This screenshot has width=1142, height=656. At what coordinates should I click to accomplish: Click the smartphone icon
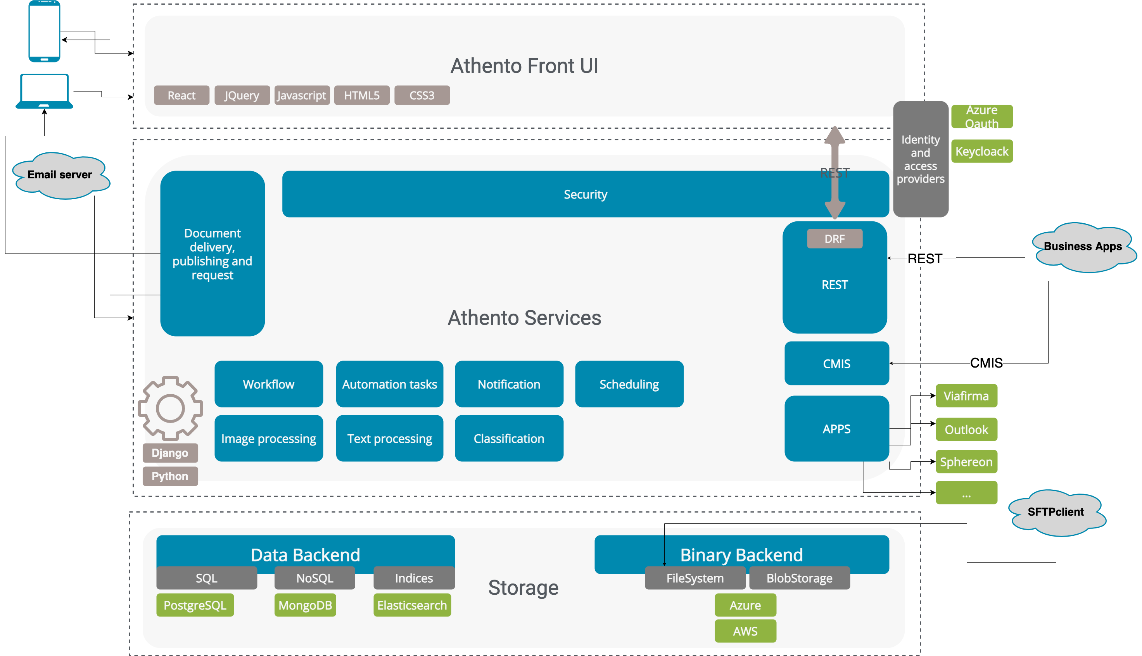tap(44, 31)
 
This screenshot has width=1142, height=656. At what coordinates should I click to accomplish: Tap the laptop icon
tap(44, 91)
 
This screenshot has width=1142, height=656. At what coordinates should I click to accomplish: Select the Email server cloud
tap(60, 175)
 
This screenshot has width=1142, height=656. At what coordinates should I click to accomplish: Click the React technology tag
tap(181, 95)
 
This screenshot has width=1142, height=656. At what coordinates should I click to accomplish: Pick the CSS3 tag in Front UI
tap(422, 95)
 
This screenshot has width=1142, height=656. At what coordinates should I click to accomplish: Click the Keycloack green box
tap(981, 151)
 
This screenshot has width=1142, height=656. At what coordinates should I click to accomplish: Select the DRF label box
tap(834, 239)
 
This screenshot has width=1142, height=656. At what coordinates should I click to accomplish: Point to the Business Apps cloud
tap(1083, 247)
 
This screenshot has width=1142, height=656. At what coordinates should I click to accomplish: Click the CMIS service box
tap(836, 364)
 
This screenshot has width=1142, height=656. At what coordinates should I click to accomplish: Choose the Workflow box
tap(268, 384)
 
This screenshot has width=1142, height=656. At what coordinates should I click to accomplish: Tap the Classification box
tap(509, 438)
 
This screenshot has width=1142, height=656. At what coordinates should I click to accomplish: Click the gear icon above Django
tap(170, 408)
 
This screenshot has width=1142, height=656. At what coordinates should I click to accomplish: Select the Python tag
tap(170, 476)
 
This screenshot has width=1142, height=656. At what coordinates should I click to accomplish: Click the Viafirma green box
tap(966, 396)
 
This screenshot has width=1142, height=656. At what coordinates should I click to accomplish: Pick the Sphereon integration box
tap(966, 462)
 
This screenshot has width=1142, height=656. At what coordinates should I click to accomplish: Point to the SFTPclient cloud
tap(1056, 512)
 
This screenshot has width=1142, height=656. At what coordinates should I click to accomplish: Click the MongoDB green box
tap(305, 605)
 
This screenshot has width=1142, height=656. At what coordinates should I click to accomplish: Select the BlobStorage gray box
tap(799, 578)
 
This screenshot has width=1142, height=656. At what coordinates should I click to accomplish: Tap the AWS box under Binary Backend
tap(745, 631)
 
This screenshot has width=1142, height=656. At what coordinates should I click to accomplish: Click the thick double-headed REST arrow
tap(834, 189)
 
